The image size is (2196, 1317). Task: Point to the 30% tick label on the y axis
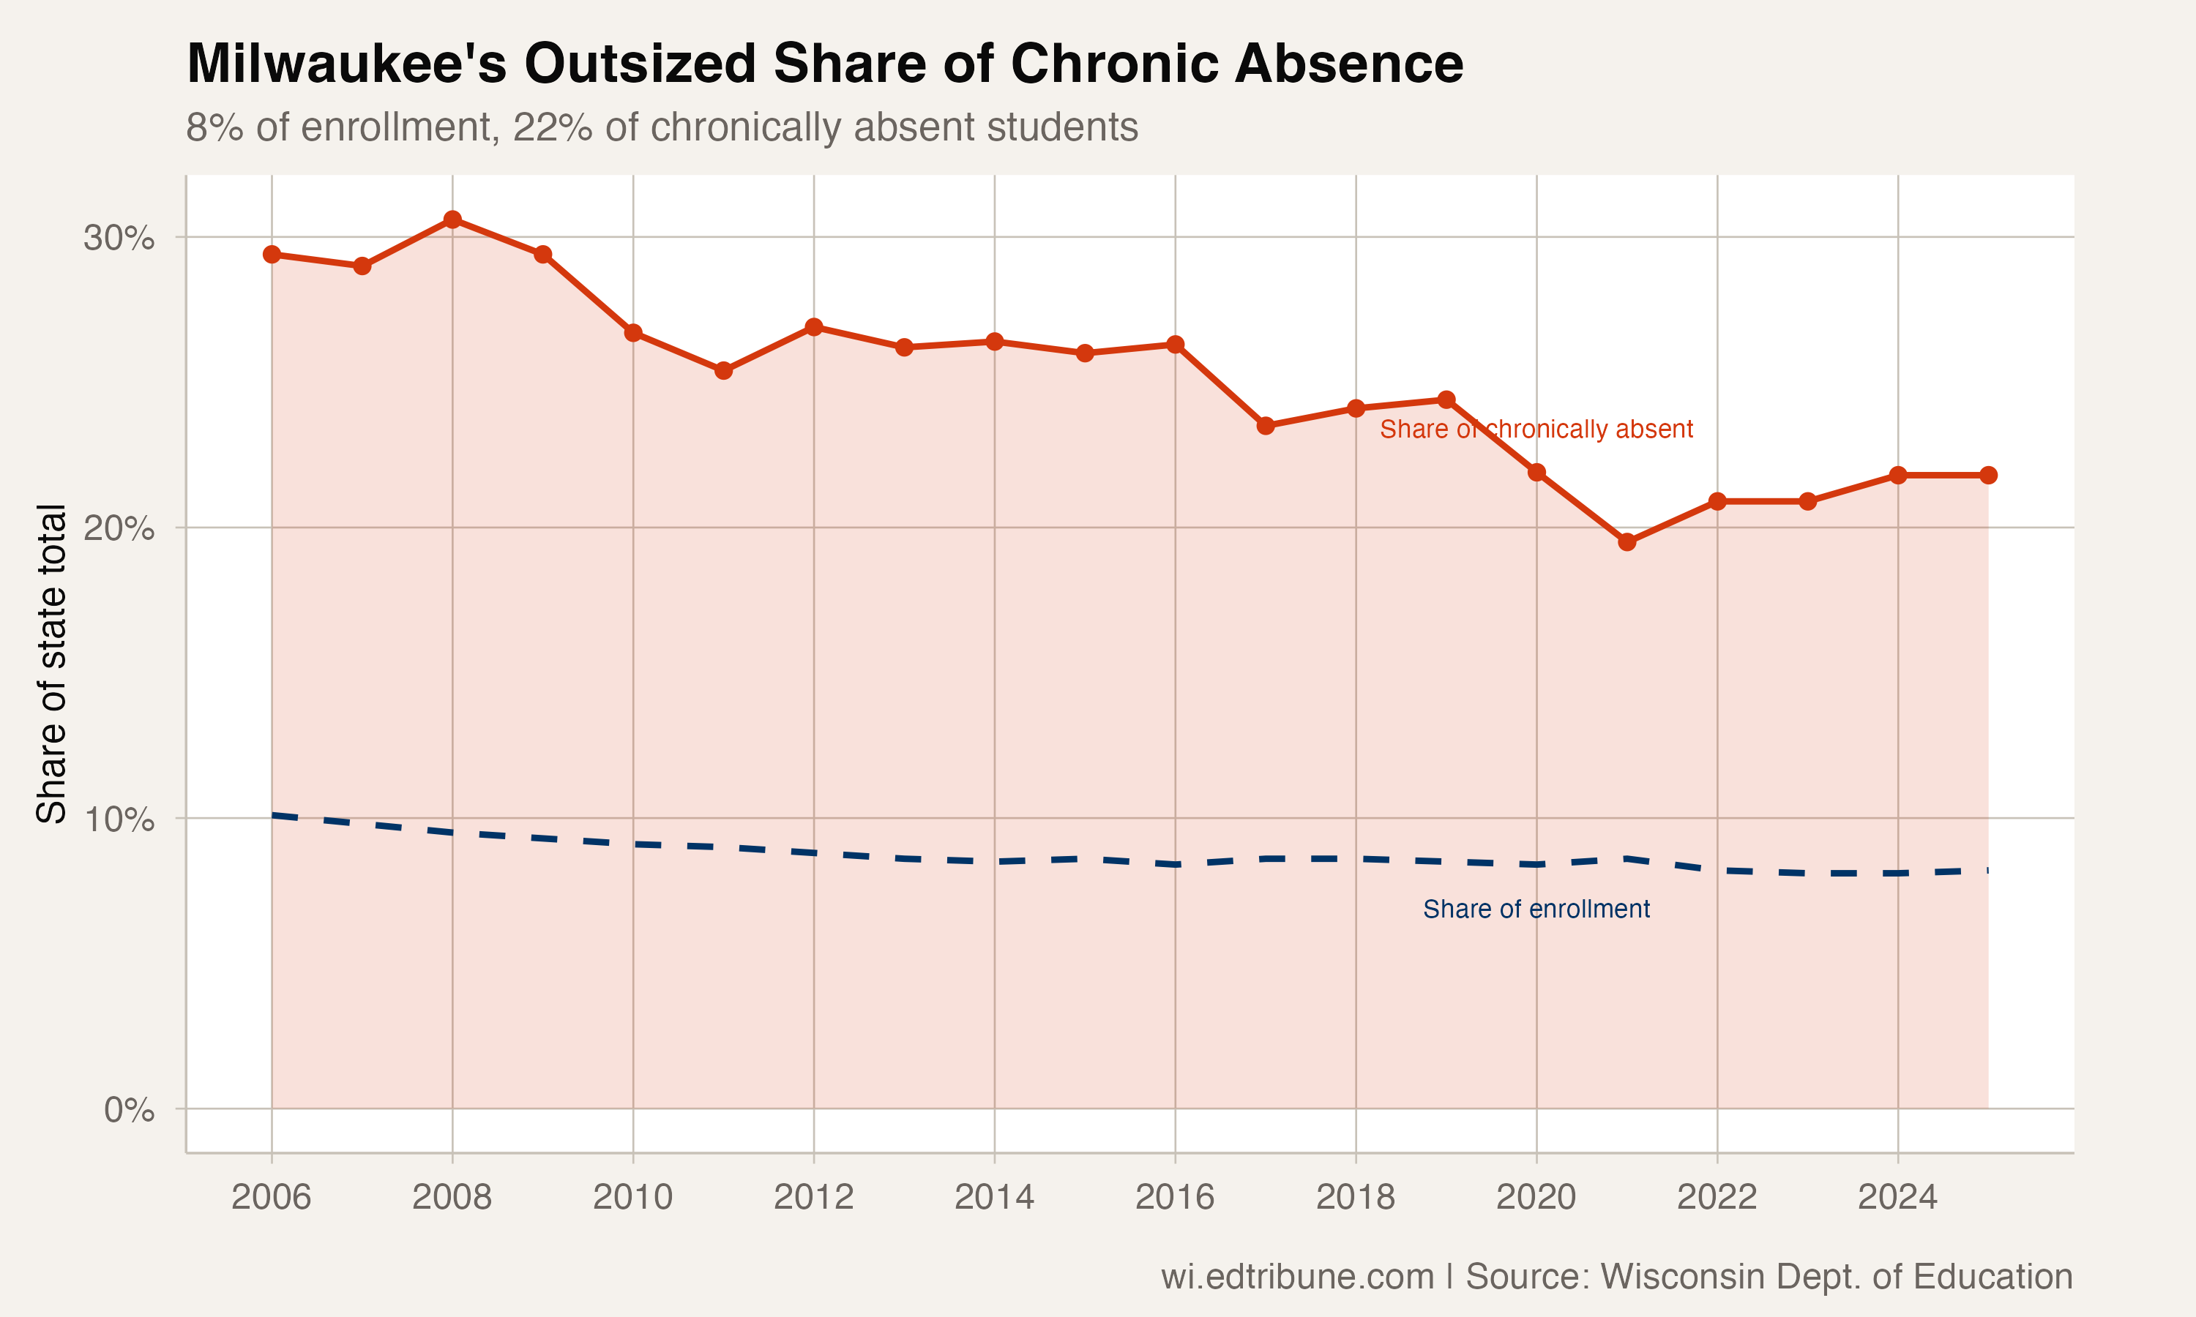pyautogui.click(x=119, y=238)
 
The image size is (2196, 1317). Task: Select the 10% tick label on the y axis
pyautogui.click(x=119, y=819)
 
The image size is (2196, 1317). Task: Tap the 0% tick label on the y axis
pyautogui.click(x=129, y=1109)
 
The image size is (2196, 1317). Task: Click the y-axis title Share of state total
pyautogui.click(x=51, y=663)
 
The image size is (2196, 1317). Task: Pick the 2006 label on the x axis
pyautogui.click(x=271, y=1197)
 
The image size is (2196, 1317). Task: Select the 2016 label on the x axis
pyautogui.click(x=1174, y=1197)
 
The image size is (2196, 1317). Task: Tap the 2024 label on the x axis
pyautogui.click(x=1897, y=1197)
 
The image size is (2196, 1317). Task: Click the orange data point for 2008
pyautogui.click(x=452, y=219)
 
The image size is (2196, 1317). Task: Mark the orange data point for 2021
pyautogui.click(x=1627, y=542)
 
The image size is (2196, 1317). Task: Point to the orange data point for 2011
pyautogui.click(x=723, y=370)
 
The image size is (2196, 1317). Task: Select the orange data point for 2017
pyautogui.click(x=1266, y=426)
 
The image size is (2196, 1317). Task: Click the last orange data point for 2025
pyautogui.click(x=1988, y=476)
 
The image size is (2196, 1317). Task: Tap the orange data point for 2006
pyautogui.click(x=272, y=255)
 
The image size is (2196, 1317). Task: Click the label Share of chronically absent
pyautogui.click(x=1536, y=429)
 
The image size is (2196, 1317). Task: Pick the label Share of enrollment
pyautogui.click(x=1536, y=909)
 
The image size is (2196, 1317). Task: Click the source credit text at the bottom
pyautogui.click(x=1616, y=1276)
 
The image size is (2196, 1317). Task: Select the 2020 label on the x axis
pyautogui.click(x=1536, y=1197)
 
